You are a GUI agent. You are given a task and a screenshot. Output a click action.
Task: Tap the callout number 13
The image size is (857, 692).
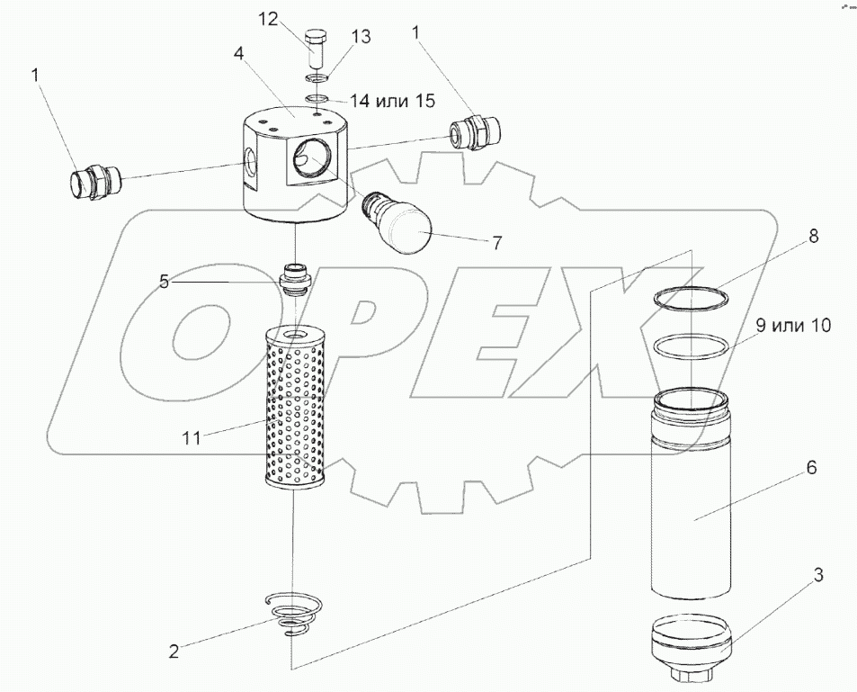point(361,37)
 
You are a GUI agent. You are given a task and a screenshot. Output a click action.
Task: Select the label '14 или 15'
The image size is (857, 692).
point(392,100)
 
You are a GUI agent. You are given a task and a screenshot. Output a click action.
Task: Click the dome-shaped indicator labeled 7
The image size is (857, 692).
point(399,222)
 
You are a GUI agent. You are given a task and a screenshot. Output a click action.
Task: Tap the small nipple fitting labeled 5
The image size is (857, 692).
point(295,279)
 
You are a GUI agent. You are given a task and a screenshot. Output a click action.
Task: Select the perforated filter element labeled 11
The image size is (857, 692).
point(295,407)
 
